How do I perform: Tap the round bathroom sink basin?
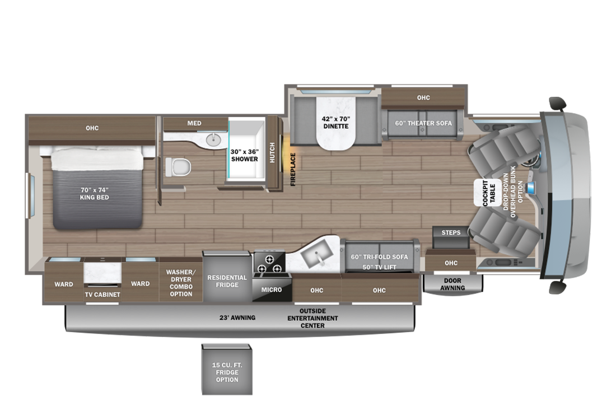[x=214, y=139]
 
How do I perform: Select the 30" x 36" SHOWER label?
[x=244, y=155]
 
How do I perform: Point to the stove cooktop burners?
[x=269, y=263]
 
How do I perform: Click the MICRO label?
[x=272, y=290]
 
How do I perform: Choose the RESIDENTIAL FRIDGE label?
[x=227, y=281]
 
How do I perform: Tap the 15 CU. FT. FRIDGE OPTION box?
[x=227, y=370]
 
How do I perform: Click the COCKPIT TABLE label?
[x=489, y=193]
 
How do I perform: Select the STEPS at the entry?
[x=451, y=237]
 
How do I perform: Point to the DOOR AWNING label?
[x=452, y=284]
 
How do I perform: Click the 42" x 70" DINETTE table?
[x=336, y=122]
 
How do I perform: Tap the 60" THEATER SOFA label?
[x=423, y=123]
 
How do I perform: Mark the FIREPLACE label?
[x=293, y=169]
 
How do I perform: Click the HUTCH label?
[x=272, y=152]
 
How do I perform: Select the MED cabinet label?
[x=194, y=123]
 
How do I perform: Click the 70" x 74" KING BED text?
[x=94, y=194]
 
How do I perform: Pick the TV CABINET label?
[x=102, y=295]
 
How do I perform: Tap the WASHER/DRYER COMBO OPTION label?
[x=181, y=283]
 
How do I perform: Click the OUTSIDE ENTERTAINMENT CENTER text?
[x=312, y=318]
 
